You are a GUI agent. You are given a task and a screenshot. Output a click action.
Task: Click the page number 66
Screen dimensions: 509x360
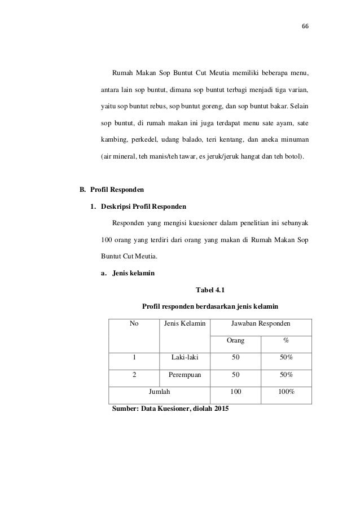point(297,27)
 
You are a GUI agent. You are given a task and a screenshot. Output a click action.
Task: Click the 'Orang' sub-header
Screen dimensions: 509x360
point(235,341)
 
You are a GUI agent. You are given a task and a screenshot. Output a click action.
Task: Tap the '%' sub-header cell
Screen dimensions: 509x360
point(286,341)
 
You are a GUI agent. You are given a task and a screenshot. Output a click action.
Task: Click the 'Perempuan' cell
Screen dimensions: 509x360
point(185,374)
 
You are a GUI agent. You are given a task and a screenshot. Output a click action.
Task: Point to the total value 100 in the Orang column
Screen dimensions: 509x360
point(235,391)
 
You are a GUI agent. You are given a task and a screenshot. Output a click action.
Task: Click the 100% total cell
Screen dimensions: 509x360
point(286,391)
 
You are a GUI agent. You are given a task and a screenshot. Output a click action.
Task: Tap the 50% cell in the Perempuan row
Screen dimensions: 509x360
point(286,374)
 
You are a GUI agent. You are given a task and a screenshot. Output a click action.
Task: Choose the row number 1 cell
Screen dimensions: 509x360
point(134,357)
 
